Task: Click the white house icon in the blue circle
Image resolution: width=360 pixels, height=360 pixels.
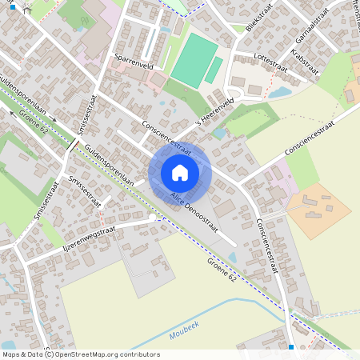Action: (x=180, y=172)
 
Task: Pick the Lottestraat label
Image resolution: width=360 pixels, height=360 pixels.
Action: (x=270, y=58)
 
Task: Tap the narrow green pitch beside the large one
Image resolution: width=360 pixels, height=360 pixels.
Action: (x=214, y=69)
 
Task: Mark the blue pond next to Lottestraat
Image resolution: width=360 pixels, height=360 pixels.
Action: (x=280, y=92)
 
